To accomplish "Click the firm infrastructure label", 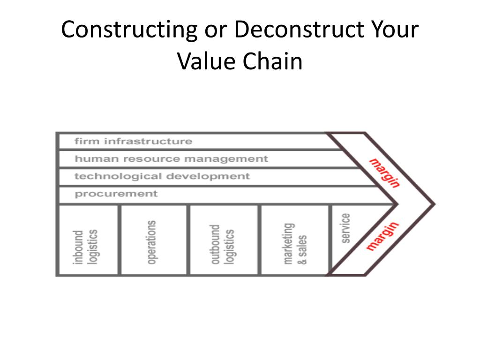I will coord(133,141).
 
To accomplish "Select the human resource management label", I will coord(171,159).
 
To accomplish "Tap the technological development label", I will coord(162,177).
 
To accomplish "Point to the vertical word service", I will coord(346,228).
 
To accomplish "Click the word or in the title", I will coord(213,30).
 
